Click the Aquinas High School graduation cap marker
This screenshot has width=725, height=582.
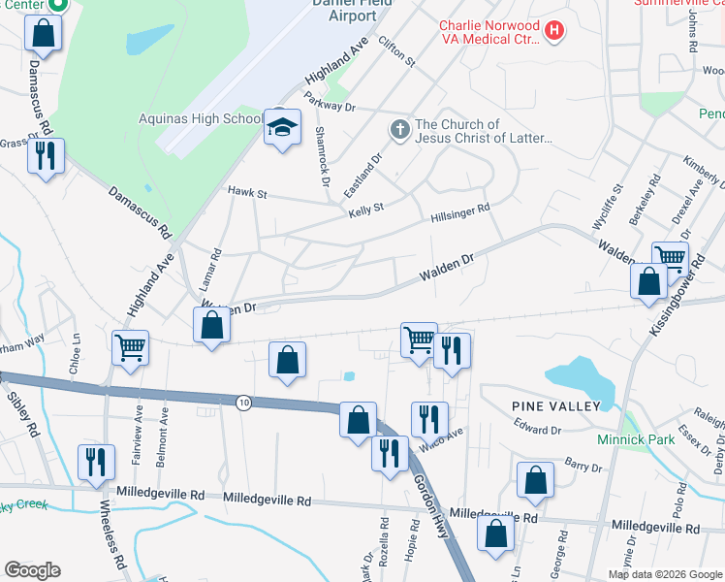[282, 128]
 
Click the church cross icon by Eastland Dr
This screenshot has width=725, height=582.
[399, 129]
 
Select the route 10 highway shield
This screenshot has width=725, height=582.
[244, 402]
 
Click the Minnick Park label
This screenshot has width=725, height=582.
[660, 439]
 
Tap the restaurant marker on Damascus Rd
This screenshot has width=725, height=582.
[45, 155]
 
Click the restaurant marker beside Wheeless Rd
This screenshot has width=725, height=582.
[96, 462]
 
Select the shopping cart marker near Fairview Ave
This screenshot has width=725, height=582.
[130, 347]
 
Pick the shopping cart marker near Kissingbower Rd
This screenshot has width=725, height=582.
[669, 259]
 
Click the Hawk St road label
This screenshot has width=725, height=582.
[247, 194]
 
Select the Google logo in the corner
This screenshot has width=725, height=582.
[32, 570]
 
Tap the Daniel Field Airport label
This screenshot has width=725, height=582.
[344, 10]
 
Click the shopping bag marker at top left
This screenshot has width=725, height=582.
[44, 33]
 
